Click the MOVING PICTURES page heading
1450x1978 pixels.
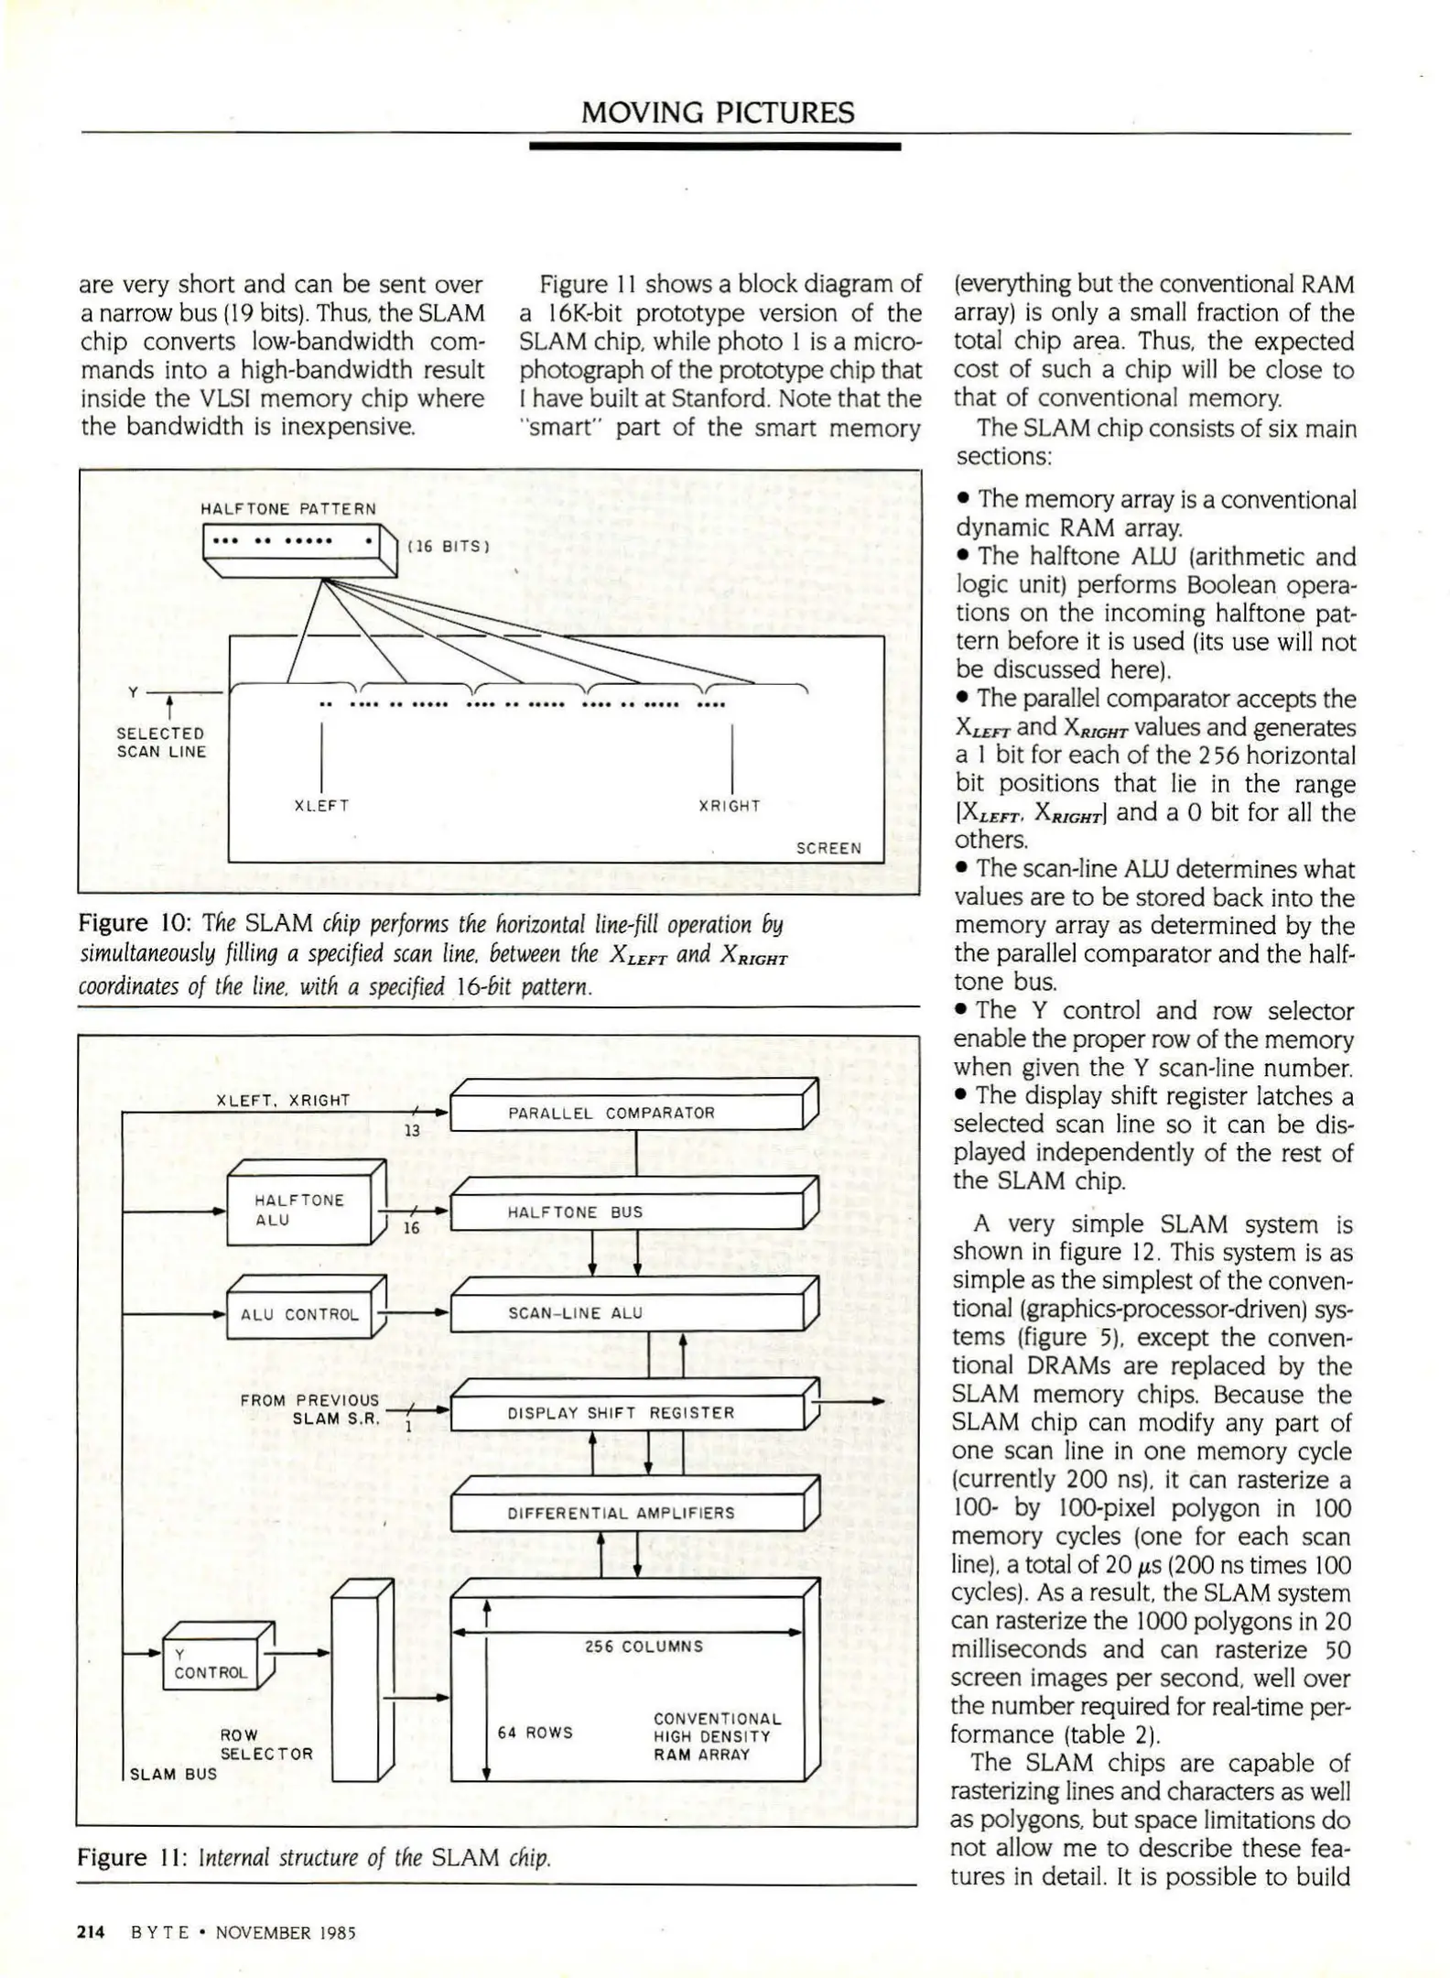tap(718, 113)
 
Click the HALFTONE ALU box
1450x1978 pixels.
tap(298, 1210)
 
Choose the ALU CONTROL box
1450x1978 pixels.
tap(298, 1314)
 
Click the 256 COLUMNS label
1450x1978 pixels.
tap(644, 1647)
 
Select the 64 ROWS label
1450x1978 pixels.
tap(535, 1733)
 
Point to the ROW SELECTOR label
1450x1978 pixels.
tap(265, 1744)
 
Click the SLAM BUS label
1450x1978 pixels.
tap(173, 1774)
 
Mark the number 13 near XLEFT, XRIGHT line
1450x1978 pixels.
tap(412, 1131)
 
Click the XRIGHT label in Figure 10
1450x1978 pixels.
tap(730, 806)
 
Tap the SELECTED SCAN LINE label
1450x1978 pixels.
tap(161, 743)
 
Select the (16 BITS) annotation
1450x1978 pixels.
tap(449, 547)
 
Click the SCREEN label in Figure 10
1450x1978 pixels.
tap(828, 848)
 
